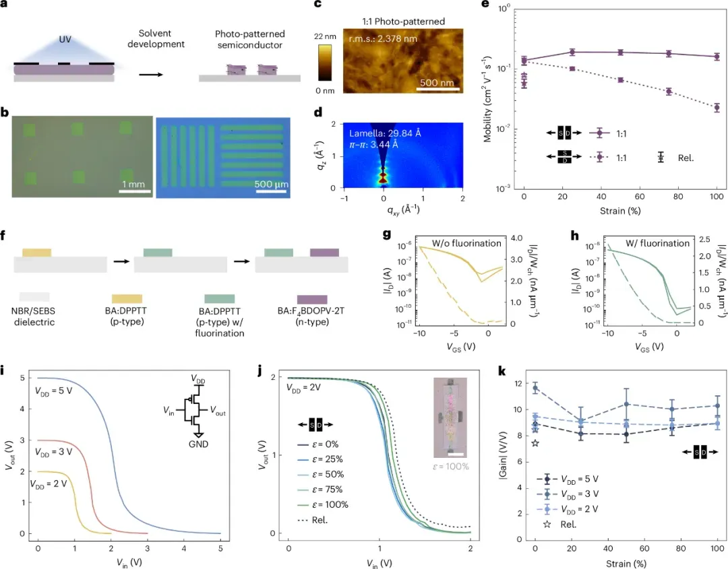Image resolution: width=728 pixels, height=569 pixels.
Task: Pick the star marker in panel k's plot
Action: click(x=535, y=443)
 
